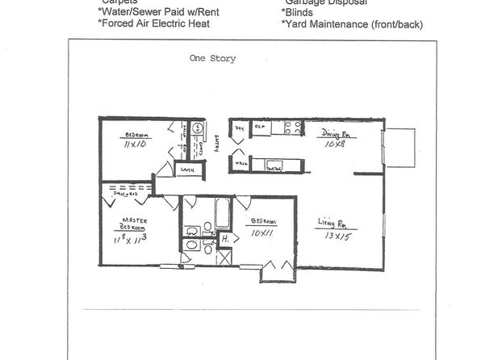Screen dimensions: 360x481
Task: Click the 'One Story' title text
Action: [x=212, y=58]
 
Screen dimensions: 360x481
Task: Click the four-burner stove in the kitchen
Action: [x=291, y=127]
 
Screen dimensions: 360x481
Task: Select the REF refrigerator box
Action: [x=261, y=128]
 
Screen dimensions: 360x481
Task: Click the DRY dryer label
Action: [x=240, y=128]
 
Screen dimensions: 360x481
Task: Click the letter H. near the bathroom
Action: [x=227, y=239]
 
